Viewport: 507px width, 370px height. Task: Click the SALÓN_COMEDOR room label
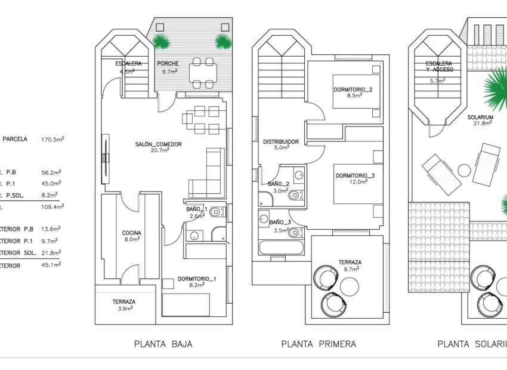(x=157, y=144)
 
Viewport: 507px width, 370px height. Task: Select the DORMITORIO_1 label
(x=197, y=279)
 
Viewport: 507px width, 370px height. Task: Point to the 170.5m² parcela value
(x=52, y=139)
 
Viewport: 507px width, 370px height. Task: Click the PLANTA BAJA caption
(x=163, y=344)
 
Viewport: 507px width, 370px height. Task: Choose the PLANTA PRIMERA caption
(x=319, y=344)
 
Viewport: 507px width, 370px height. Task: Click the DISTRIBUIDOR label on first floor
(x=281, y=141)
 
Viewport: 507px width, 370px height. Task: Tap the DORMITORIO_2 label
(x=353, y=90)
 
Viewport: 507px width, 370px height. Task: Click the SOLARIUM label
(x=480, y=117)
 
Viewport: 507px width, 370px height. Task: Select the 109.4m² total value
(x=52, y=206)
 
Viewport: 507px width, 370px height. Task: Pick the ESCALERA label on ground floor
(x=129, y=64)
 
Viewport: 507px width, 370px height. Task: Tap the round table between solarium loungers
(x=465, y=170)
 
